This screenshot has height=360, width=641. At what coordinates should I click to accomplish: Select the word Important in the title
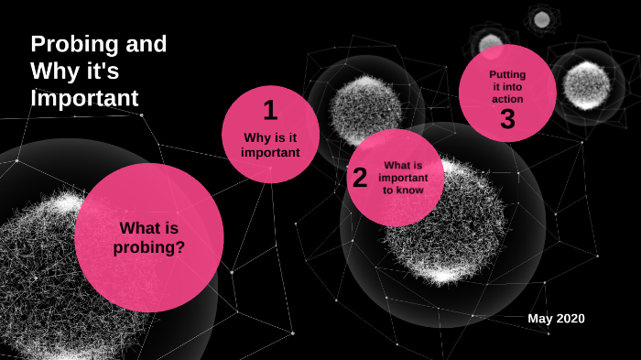[x=84, y=96]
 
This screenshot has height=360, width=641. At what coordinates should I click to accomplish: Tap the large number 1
[x=270, y=110]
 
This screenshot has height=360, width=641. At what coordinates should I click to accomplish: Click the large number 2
[x=360, y=178]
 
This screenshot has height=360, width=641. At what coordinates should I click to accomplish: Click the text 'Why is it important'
[x=270, y=145]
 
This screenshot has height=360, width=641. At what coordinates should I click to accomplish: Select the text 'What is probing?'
[x=149, y=237]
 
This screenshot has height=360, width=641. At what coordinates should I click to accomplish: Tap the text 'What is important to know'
[x=403, y=178]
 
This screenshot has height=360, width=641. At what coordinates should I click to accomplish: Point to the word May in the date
[x=540, y=318]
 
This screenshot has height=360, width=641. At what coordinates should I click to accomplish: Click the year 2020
[x=570, y=318]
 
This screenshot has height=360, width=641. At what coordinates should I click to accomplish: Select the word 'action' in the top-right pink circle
[x=507, y=99]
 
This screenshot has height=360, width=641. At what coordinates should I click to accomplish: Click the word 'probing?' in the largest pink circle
[x=149, y=246]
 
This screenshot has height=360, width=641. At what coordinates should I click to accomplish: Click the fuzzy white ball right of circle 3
[x=586, y=85]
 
